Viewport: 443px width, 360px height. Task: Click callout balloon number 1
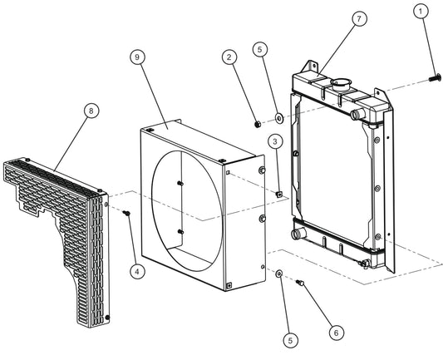tap(421, 12)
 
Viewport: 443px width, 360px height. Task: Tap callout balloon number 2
tap(229, 57)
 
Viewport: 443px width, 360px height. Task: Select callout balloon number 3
tap(275, 141)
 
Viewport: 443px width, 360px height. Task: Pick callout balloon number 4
tap(138, 272)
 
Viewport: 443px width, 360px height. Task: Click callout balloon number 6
tap(337, 333)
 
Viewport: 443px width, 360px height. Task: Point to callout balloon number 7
tap(359, 19)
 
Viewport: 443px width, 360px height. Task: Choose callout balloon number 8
tap(91, 111)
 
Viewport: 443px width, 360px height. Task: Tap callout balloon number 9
tap(137, 57)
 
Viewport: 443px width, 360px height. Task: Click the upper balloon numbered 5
tap(260, 49)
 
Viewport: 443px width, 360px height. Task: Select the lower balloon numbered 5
tap(291, 341)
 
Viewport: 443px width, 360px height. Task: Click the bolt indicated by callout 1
tap(435, 77)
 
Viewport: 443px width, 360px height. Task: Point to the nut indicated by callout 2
tap(258, 124)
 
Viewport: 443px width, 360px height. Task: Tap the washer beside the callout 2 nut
tap(280, 118)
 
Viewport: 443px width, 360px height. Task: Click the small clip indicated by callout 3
tap(279, 194)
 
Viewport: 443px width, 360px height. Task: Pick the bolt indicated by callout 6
tap(300, 282)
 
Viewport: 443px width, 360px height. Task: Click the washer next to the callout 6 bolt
tap(279, 274)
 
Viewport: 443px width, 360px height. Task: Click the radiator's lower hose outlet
tap(298, 234)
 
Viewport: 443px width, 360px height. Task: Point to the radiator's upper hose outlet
tap(357, 115)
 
